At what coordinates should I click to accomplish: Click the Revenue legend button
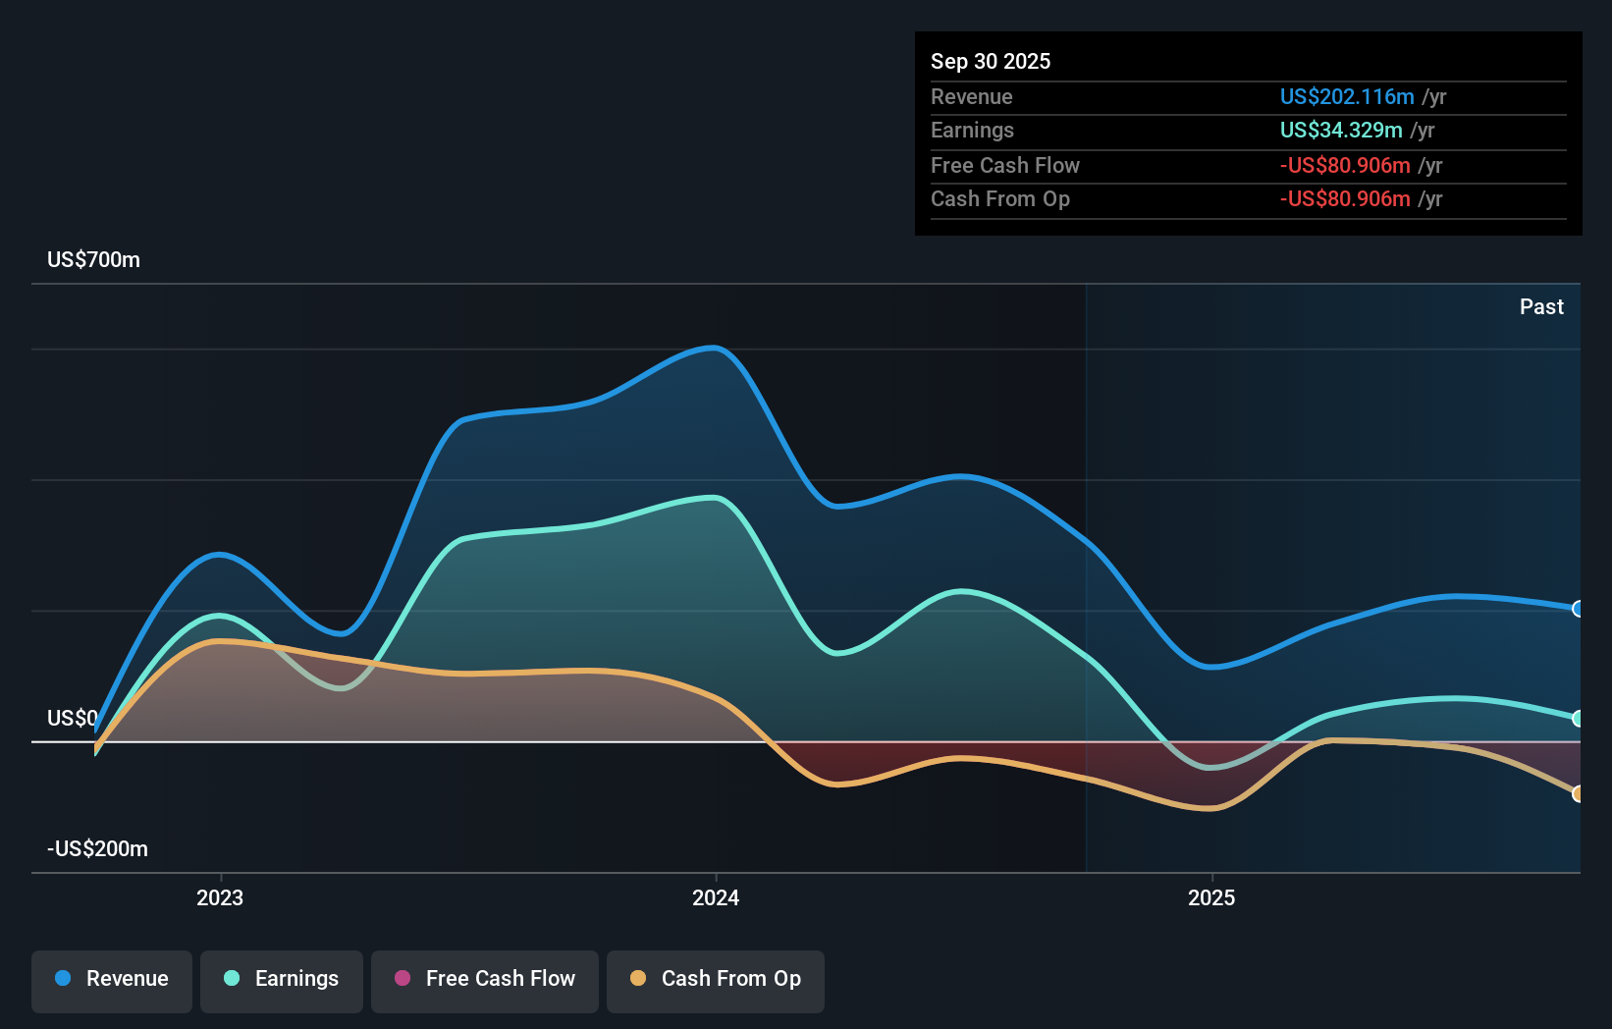[x=112, y=979]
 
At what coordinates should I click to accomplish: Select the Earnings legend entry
[x=282, y=979]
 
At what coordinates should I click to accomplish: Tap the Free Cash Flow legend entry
[x=485, y=979]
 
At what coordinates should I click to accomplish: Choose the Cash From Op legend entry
[x=716, y=979]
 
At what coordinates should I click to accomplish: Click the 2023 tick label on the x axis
[x=220, y=898]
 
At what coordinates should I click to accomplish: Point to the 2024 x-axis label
[x=716, y=898]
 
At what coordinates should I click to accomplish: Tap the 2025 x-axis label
[x=1211, y=898]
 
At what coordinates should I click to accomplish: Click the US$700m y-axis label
[x=94, y=260]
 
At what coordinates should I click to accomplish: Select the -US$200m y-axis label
[x=98, y=849]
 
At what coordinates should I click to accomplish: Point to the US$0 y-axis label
[x=73, y=719]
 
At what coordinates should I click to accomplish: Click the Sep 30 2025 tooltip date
[x=991, y=62]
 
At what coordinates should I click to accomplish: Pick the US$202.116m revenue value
[x=1347, y=97]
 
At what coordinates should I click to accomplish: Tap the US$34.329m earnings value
[x=1341, y=131]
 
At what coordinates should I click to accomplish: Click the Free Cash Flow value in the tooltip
[x=1345, y=166]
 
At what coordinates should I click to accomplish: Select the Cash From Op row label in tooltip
[x=1000, y=199]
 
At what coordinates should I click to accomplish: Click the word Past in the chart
[x=1541, y=307]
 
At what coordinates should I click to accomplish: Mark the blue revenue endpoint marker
[x=1578, y=609]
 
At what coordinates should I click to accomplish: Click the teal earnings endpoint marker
[x=1578, y=719]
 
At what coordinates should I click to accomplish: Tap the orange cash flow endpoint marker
[x=1578, y=793]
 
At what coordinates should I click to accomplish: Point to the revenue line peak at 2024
[x=716, y=348]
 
